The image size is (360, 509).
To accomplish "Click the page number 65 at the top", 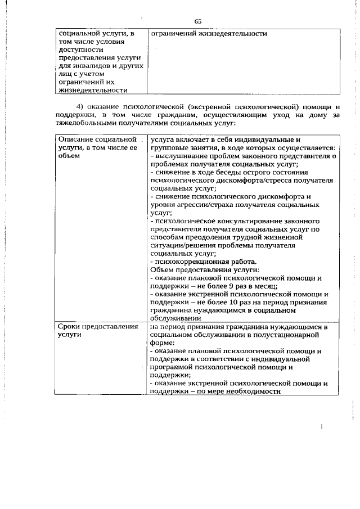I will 198,21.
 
